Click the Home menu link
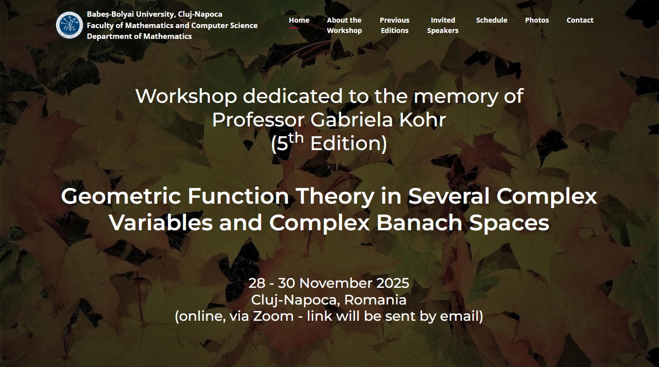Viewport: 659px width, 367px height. [x=299, y=20]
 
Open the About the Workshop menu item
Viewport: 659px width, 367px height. [x=344, y=25]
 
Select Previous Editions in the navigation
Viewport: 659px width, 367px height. [x=395, y=25]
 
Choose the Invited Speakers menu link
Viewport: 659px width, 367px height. [x=443, y=25]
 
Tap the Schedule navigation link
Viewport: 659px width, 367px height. [x=492, y=20]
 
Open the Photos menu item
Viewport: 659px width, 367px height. [x=537, y=20]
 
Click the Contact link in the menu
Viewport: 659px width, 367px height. [x=580, y=20]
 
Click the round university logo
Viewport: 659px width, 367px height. [x=69, y=25]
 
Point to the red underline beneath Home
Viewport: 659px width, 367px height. [x=294, y=28]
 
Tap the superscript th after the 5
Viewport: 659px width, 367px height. [x=296, y=138]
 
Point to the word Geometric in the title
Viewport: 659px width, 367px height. [x=121, y=196]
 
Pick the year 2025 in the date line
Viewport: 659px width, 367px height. [x=393, y=283]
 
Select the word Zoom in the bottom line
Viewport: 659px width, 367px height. [x=273, y=316]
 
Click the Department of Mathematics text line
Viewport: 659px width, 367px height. [x=139, y=36]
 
